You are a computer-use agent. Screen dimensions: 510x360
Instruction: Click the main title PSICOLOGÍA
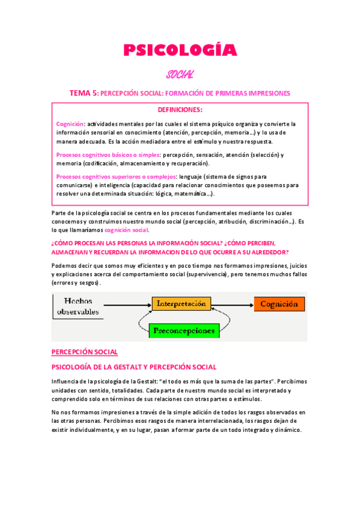pos(180,51)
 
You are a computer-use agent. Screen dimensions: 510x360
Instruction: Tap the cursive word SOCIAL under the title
pos(180,75)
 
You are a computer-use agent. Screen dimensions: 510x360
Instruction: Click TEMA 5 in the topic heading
pos(83,93)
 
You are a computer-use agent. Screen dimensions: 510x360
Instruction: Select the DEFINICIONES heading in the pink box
pos(180,110)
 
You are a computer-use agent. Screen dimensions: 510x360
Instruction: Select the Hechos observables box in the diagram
pos(78,306)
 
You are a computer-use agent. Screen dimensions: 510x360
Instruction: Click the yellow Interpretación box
pos(181,304)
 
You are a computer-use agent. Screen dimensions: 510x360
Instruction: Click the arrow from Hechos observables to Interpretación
pos(127,305)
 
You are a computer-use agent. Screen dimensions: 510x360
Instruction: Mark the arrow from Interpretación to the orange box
pos(232,304)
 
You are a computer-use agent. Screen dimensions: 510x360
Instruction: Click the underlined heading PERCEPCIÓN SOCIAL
pos(85,352)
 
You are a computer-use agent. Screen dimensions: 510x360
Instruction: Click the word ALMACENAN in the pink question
pos(75,252)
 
